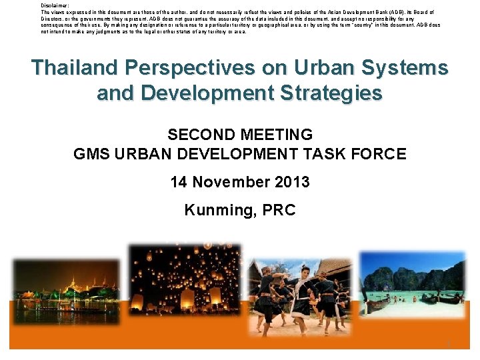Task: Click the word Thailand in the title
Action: [73, 68]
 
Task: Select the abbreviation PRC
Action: [279, 211]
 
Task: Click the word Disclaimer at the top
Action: [55, 5]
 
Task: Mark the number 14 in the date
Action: [179, 182]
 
